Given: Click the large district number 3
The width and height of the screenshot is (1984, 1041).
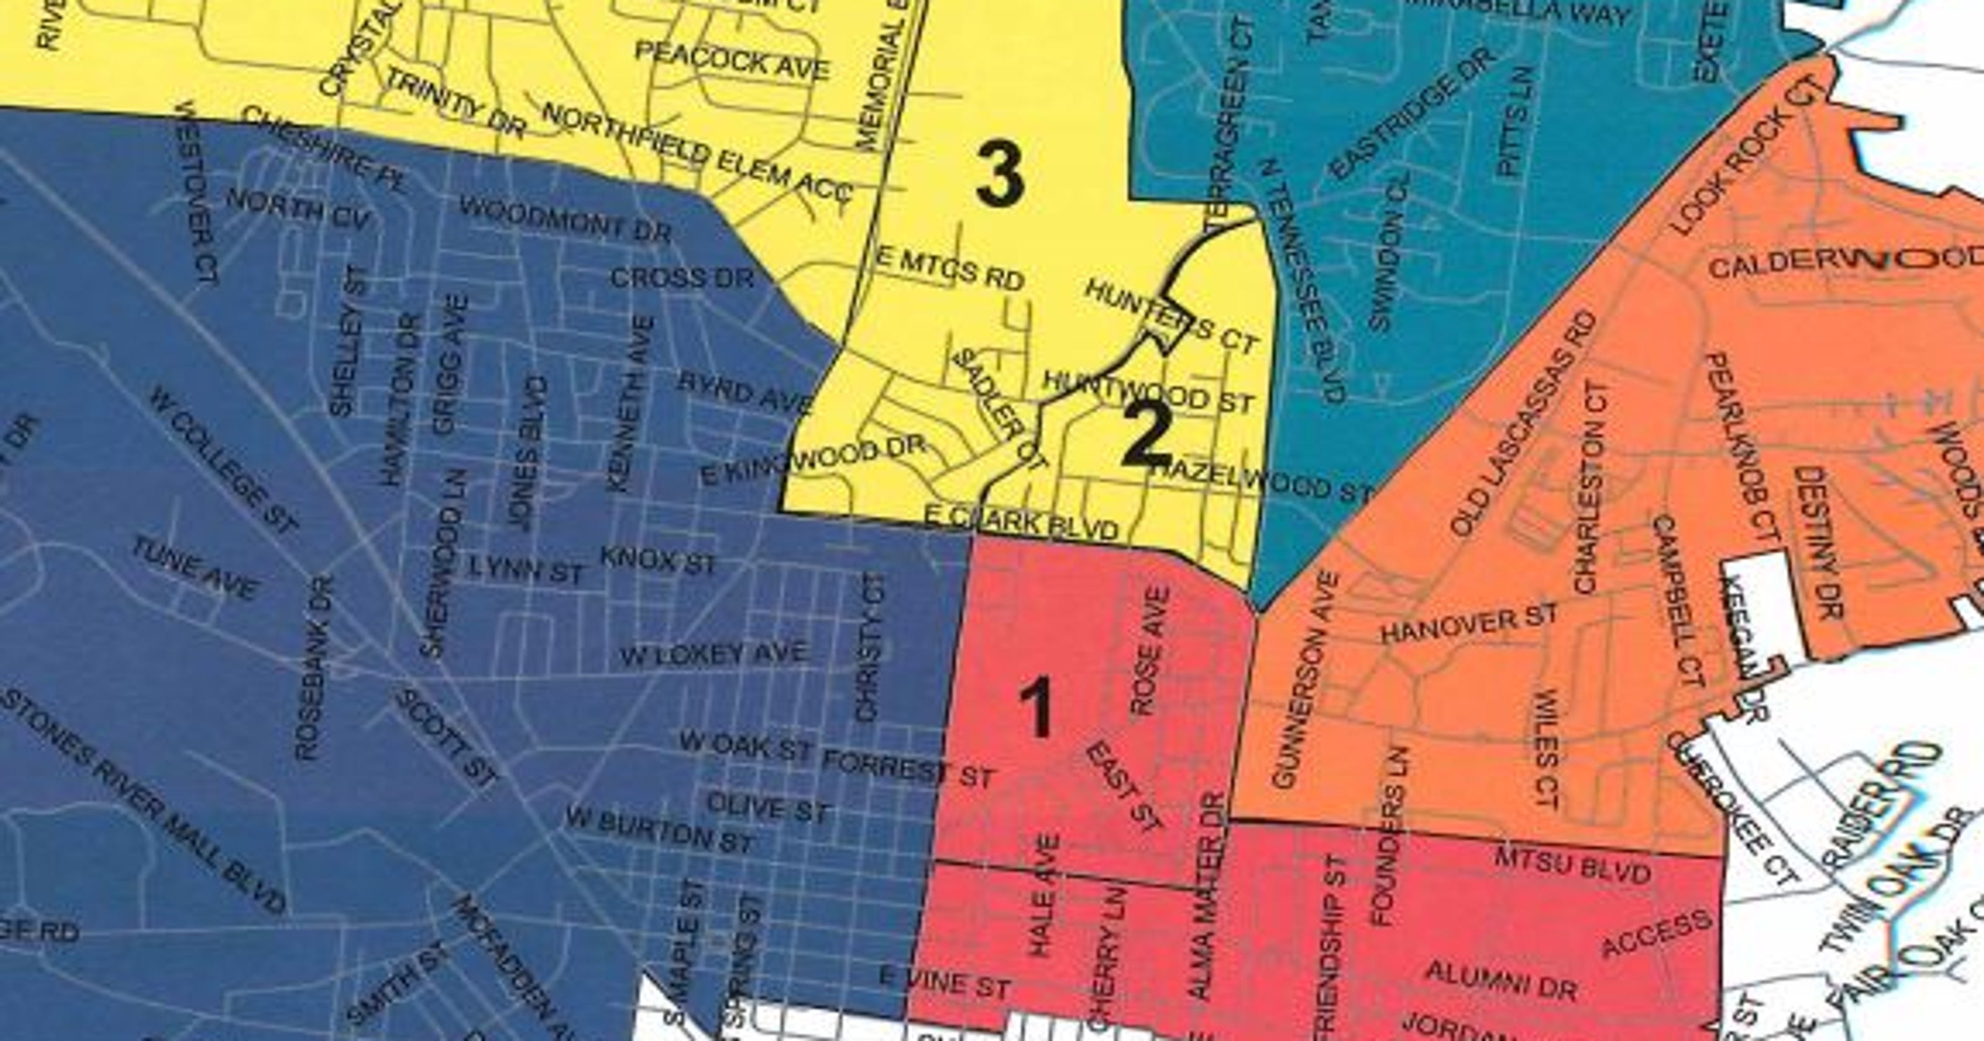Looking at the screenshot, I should pyautogui.click(x=999, y=177).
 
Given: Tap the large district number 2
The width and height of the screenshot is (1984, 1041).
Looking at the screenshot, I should pyautogui.click(x=1147, y=437).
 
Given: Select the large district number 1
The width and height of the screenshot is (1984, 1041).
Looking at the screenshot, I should pyautogui.click(x=1036, y=707).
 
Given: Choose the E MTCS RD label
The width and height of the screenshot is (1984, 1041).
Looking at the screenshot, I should pyautogui.click(x=950, y=269).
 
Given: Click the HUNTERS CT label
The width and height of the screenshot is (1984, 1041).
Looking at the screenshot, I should pyautogui.click(x=1171, y=317).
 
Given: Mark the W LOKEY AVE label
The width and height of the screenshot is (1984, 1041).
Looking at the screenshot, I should pyautogui.click(x=713, y=654).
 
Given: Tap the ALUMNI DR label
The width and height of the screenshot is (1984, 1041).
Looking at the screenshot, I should pyautogui.click(x=1501, y=980).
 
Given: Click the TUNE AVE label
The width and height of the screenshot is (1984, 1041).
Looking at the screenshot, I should pyautogui.click(x=194, y=568).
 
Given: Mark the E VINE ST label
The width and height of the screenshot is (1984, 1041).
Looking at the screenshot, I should pyautogui.click(x=944, y=983).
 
